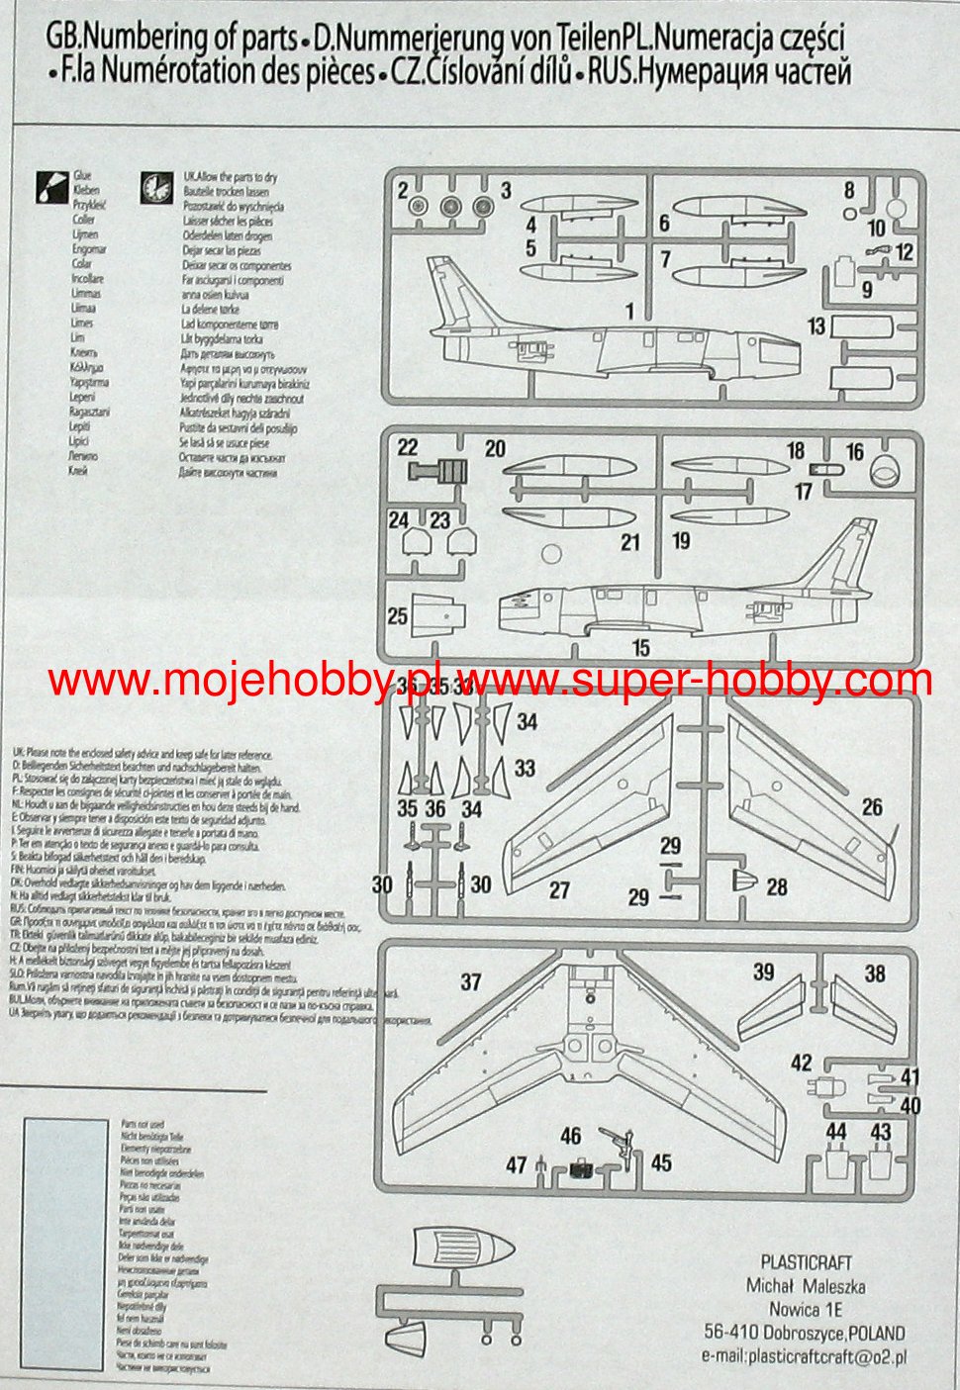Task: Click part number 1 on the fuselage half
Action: coord(629,312)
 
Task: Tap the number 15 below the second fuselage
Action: coord(641,648)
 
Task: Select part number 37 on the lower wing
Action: coord(471,982)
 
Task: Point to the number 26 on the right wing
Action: coord(871,807)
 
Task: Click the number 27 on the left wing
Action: coord(559,889)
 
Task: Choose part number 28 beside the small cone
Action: coord(777,886)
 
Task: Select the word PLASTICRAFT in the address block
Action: coord(806,1262)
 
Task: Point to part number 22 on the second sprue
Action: coord(408,447)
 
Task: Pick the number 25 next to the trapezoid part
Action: coord(398,616)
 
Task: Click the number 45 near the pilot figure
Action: coord(661,1161)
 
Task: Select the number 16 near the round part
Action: coord(855,452)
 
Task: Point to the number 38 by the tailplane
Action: coord(875,973)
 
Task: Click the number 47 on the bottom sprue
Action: coord(516,1165)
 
